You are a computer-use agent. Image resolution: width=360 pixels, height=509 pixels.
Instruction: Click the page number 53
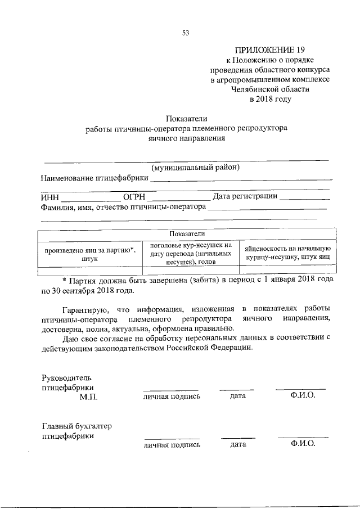point(186,33)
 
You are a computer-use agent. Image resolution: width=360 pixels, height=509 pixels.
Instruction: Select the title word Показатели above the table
point(187,118)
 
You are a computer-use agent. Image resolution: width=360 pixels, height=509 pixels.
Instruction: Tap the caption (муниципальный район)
point(196,168)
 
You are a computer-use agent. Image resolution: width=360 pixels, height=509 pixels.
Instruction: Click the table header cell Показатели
point(187,234)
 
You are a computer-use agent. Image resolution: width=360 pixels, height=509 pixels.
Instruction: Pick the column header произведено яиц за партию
point(89,254)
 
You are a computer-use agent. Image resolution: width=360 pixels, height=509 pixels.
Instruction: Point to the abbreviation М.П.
point(89,397)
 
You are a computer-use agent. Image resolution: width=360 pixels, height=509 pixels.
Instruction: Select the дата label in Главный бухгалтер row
point(238,444)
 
